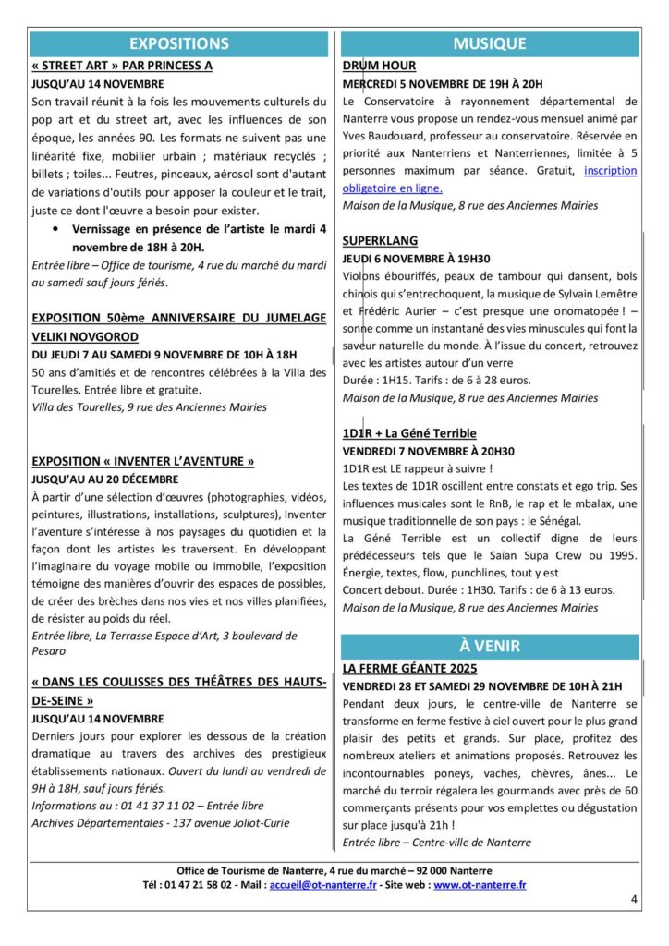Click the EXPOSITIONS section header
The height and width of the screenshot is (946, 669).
(x=179, y=43)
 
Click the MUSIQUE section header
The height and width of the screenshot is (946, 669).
(x=490, y=43)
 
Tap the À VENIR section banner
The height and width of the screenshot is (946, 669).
(x=490, y=646)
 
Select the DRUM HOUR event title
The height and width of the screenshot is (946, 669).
(x=379, y=66)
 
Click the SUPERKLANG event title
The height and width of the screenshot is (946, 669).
(x=380, y=240)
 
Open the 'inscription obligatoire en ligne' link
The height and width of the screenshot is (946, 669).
(x=591, y=171)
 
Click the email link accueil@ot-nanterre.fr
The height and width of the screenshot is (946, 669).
(x=322, y=884)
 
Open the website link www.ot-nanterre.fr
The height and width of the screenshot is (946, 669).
(x=480, y=884)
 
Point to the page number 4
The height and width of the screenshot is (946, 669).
(x=634, y=898)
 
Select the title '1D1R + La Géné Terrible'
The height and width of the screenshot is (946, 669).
(x=409, y=432)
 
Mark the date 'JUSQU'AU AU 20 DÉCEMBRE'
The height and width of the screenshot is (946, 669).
(x=104, y=479)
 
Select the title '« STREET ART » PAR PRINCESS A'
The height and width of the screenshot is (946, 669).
(x=122, y=66)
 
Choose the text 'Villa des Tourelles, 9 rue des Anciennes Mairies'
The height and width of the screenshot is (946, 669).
(x=149, y=406)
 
